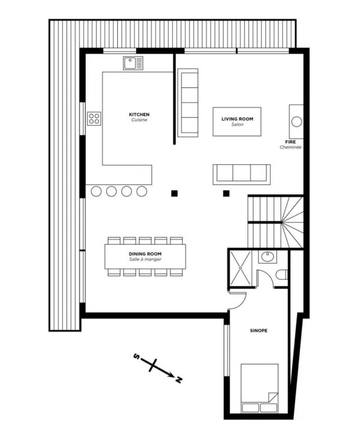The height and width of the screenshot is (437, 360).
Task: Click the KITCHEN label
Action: pos(139,114)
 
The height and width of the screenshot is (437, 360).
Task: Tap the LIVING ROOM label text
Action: pos(237,119)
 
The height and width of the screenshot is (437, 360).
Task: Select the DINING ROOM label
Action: pos(145,254)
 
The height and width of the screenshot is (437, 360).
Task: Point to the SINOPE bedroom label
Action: pos(258,331)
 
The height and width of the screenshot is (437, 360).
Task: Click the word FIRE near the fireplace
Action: pos(290,142)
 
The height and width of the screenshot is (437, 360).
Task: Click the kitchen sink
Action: pos(133,63)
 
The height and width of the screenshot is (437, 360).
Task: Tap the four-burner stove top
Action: pos(94,119)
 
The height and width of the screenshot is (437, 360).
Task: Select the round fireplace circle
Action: pos(296,122)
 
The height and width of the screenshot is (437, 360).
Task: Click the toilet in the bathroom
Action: pos(282,274)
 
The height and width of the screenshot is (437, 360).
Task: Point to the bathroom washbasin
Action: pos(267,256)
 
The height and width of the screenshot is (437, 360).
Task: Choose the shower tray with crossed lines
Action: pos(240,268)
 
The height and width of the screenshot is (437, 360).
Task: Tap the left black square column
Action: pos(174,193)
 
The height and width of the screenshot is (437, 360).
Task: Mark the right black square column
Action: pos(226,193)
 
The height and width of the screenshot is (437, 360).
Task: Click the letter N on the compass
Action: pos(179,379)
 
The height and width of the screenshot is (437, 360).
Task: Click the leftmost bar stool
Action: pos(96,192)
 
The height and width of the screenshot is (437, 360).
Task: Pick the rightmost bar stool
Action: pos(142,192)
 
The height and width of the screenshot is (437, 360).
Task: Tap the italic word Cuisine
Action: pos(139,120)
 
